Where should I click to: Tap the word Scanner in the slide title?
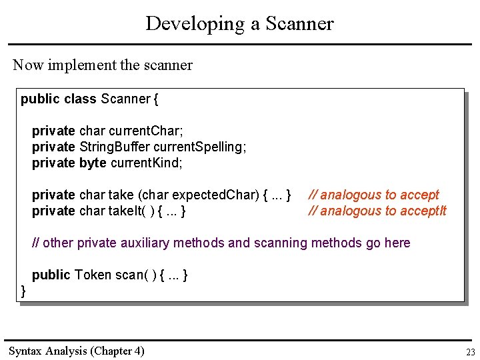click(x=299, y=24)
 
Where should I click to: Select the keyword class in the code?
click(x=80, y=99)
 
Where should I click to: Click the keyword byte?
click(x=92, y=163)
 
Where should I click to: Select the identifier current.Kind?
click(x=146, y=163)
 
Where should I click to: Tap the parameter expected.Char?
click(x=215, y=195)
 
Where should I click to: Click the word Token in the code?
click(x=93, y=275)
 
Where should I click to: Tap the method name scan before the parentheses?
click(x=129, y=275)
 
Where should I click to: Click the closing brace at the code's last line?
click(x=24, y=291)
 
